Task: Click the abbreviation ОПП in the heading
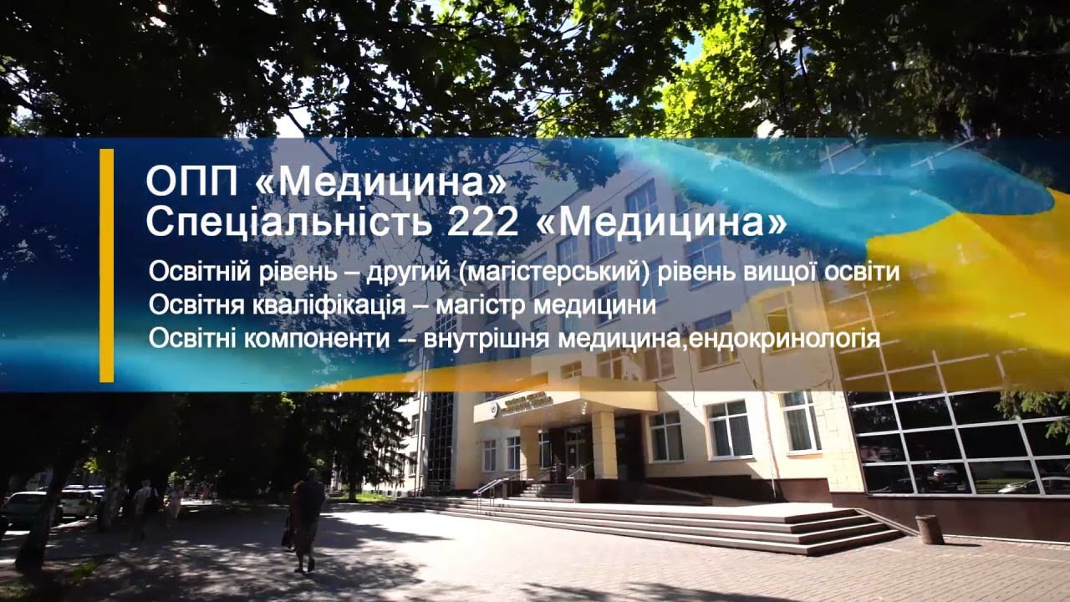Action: point(191,181)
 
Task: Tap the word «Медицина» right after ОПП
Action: point(380,183)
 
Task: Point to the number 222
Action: point(482,222)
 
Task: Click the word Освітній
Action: point(200,273)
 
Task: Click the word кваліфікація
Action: point(329,306)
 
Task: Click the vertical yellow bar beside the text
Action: point(106,266)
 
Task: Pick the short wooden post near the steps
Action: point(929,529)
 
